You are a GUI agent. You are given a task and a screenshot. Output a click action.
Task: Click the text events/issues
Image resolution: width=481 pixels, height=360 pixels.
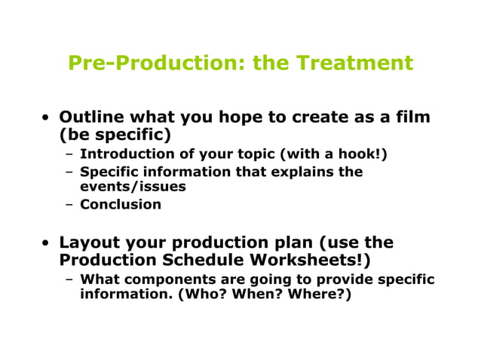[133, 186]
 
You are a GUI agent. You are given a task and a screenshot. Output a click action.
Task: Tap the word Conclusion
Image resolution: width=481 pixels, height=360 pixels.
[121, 204]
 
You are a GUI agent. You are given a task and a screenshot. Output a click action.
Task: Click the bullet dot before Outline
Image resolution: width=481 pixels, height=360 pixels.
[47, 118]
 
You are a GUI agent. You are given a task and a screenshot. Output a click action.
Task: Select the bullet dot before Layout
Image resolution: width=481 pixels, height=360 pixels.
[47, 243]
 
